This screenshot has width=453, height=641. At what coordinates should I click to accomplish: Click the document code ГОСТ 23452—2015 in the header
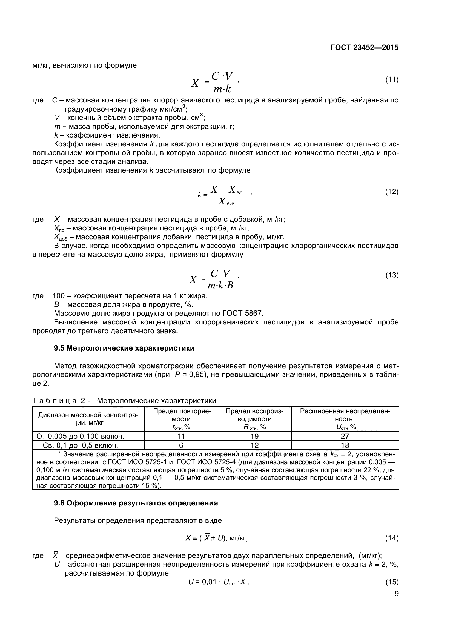(x=365, y=47)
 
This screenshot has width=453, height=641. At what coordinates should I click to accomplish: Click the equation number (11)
(x=392, y=80)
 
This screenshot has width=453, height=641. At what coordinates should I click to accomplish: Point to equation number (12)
(x=392, y=192)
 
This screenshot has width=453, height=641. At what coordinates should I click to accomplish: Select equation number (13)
(x=392, y=275)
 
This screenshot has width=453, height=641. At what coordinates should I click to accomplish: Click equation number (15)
(x=392, y=587)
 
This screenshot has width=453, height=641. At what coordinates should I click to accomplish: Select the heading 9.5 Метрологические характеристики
(x=124, y=348)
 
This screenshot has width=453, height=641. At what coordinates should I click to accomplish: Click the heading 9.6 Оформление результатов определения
(x=136, y=503)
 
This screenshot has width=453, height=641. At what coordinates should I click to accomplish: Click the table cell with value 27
(x=345, y=436)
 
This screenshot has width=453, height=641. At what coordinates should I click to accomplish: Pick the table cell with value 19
(x=254, y=436)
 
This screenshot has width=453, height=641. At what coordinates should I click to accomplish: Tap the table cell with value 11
(x=181, y=436)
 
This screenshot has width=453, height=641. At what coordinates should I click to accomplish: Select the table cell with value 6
(x=181, y=445)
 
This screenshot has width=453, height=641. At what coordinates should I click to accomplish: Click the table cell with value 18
(x=345, y=445)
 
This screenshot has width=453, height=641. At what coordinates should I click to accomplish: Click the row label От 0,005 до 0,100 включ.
(x=80, y=436)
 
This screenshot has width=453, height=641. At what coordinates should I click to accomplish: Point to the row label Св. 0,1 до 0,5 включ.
(x=80, y=445)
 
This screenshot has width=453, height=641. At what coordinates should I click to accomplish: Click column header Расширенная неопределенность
(x=345, y=418)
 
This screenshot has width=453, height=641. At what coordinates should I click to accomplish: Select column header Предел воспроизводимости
(x=254, y=418)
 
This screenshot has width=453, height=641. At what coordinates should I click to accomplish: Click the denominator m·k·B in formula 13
(x=220, y=285)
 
